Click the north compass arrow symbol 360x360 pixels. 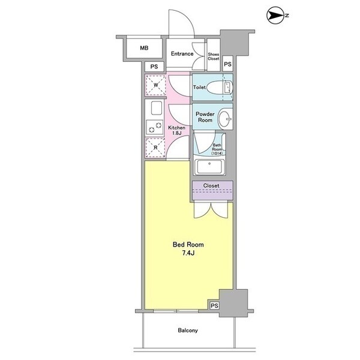275,16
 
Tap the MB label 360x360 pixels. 144,48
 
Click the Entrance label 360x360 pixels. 182,54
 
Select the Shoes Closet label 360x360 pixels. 214,56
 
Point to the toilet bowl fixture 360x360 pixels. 220,88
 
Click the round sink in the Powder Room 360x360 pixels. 225,119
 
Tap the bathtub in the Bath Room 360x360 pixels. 209,167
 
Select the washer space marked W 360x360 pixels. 156,85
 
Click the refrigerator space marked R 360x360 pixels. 155,148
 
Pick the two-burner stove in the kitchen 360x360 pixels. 155,127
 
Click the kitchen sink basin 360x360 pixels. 157,108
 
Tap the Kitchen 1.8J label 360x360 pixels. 176,130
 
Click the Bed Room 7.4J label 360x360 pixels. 188,248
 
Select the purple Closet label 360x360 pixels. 211,185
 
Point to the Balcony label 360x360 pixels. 188,331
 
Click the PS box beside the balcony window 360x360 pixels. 214,305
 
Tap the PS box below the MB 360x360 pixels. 154,67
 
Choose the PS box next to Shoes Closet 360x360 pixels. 227,64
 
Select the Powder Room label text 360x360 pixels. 205,117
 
